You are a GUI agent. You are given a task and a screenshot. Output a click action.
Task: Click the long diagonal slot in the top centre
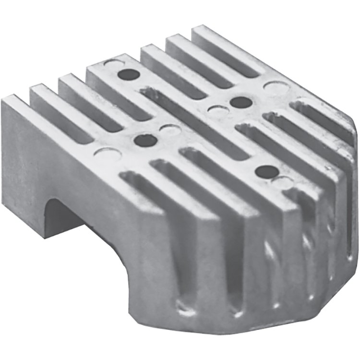(192, 115)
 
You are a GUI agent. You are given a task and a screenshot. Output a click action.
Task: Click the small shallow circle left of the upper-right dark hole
(217, 111)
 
